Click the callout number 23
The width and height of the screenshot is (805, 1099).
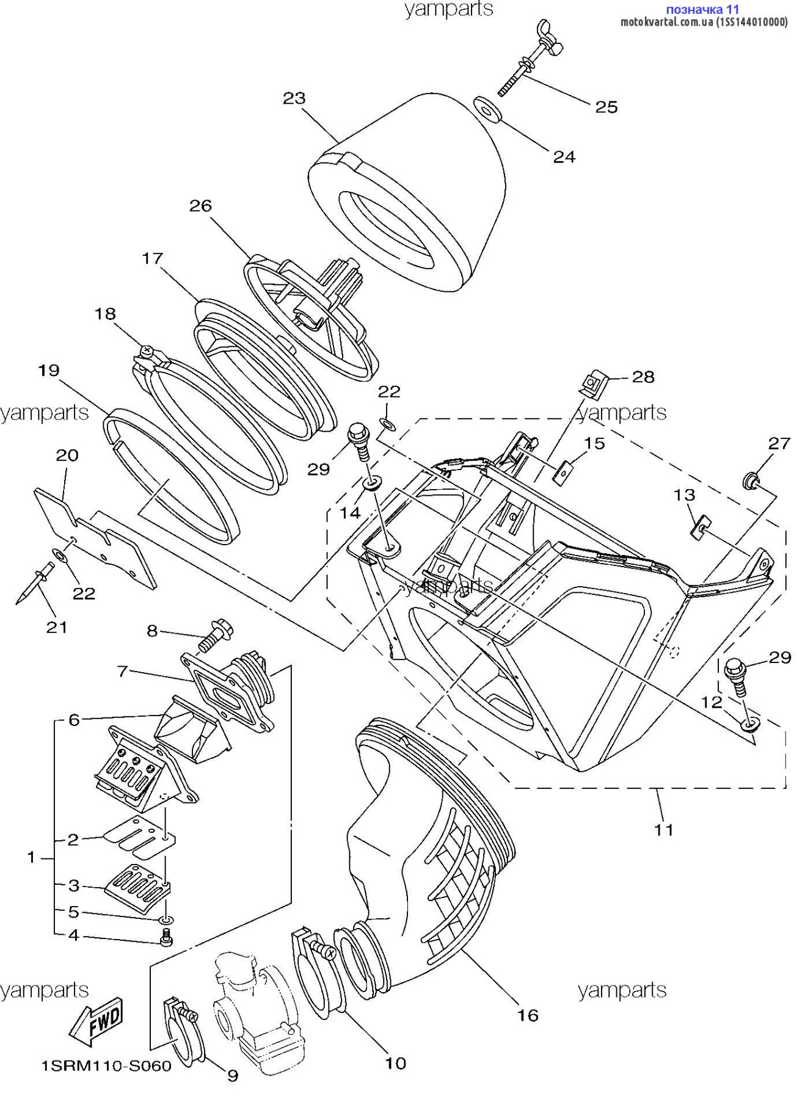click(294, 98)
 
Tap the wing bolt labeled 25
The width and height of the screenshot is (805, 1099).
click(530, 60)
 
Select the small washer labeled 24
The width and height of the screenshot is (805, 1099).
click(487, 109)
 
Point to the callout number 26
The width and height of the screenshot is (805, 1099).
click(200, 206)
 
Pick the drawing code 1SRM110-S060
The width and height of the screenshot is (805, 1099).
click(106, 1066)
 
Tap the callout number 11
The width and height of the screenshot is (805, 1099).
click(663, 830)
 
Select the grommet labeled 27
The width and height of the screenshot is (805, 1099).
click(751, 481)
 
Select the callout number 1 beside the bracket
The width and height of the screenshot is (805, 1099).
click(31, 857)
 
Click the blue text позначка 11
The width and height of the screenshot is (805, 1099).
click(702, 9)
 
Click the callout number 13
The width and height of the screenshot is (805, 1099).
click(684, 495)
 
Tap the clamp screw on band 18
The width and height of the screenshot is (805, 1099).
click(147, 352)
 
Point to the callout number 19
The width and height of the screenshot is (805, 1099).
click(49, 370)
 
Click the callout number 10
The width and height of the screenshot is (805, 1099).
click(395, 1063)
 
